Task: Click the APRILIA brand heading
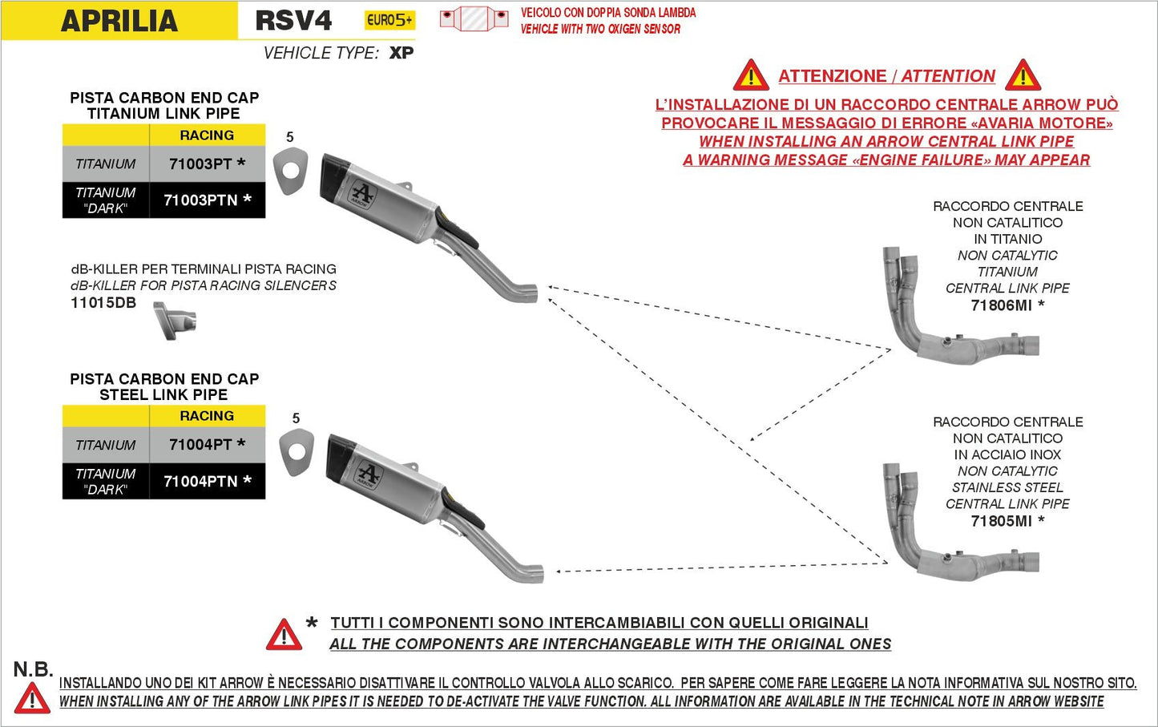coord(119,21)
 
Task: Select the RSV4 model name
coord(293,20)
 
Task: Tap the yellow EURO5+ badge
coord(389,20)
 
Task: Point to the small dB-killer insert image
coord(176,321)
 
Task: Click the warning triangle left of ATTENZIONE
coord(750,76)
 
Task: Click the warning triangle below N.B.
coord(32,698)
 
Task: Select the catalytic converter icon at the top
coord(474,18)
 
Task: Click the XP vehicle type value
coord(401,53)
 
